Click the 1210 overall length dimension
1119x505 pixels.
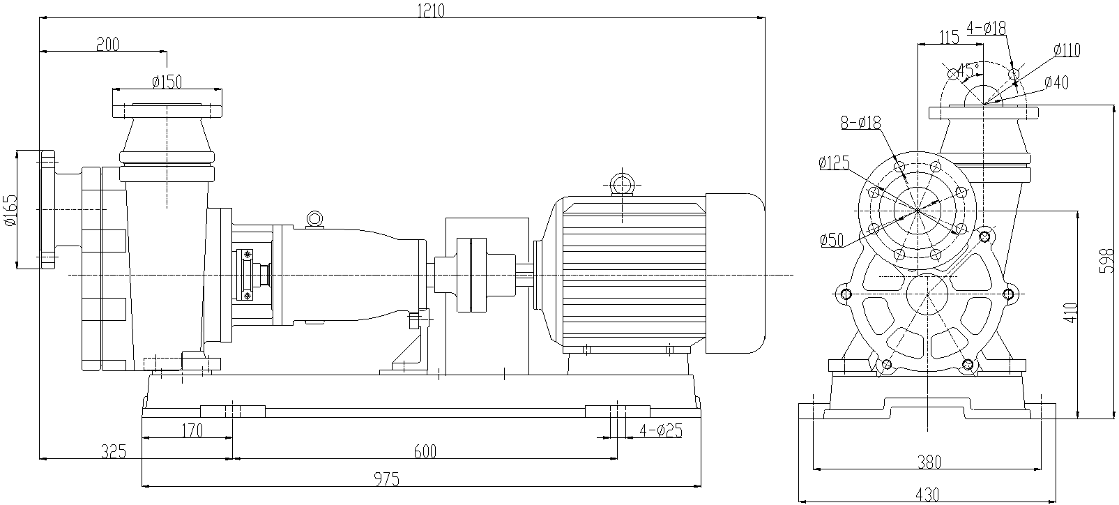tap(430, 9)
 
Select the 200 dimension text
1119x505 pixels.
tap(107, 44)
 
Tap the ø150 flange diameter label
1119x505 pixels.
tap(167, 82)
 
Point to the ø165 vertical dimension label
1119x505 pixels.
tap(9, 209)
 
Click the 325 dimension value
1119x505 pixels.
tap(113, 452)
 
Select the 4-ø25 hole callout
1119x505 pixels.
tap(660, 430)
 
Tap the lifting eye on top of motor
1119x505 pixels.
tap(620, 184)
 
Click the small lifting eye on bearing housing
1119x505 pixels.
tap(314, 219)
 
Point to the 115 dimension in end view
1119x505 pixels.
tap(949, 38)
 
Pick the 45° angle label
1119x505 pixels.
tap(968, 70)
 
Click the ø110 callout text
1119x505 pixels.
tap(1066, 50)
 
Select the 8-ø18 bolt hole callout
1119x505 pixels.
tap(860, 123)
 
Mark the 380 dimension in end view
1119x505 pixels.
tap(929, 461)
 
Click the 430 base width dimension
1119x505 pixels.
tap(928, 495)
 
